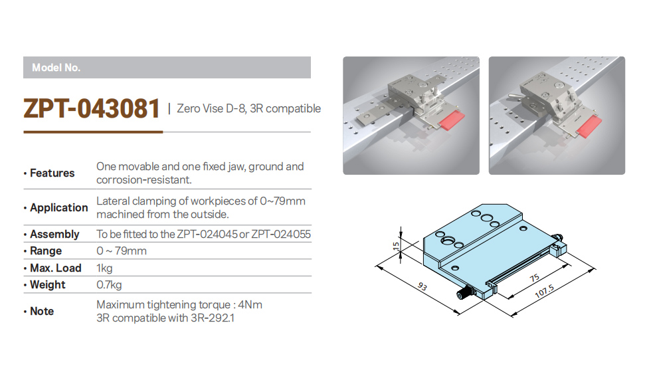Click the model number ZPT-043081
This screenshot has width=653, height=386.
point(92,108)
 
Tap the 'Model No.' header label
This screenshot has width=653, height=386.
point(56,68)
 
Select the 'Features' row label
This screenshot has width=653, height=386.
point(52,173)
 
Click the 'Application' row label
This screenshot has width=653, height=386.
point(58,207)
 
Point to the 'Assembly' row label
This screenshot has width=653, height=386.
point(54,234)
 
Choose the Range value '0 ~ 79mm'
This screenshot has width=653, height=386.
point(122,250)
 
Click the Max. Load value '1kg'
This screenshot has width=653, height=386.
point(104,268)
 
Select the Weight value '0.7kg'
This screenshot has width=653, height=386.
point(109,285)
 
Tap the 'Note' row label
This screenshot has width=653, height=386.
point(42,311)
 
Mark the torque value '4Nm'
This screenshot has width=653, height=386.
point(250,305)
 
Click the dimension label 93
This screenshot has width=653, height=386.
point(422,286)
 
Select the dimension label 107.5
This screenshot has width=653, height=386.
point(544,291)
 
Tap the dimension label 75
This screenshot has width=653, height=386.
point(535,278)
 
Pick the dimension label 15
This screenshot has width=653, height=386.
point(396,246)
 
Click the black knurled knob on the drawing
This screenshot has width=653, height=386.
point(462,295)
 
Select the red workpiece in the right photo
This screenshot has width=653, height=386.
point(590,127)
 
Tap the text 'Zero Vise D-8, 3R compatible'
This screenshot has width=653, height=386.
point(249,109)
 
